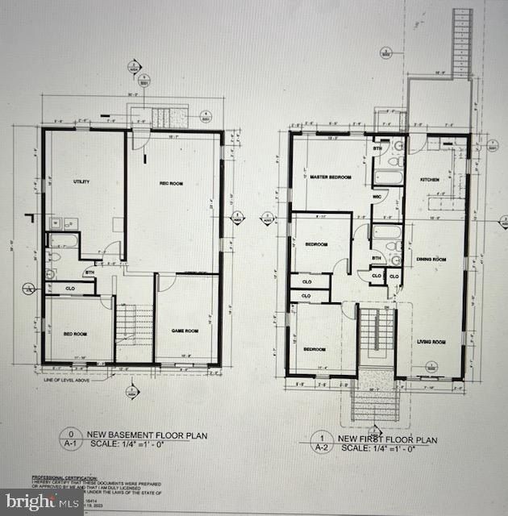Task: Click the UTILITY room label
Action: click(x=81, y=181)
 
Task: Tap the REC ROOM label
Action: click(x=171, y=184)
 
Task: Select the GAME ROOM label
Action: click(x=185, y=331)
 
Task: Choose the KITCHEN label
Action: click(x=429, y=179)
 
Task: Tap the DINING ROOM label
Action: click(x=431, y=259)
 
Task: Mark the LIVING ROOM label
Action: click(x=431, y=342)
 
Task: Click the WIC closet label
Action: click(x=377, y=196)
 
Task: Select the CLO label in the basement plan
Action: click(x=70, y=288)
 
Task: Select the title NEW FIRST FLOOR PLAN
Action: click(x=388, y=440)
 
